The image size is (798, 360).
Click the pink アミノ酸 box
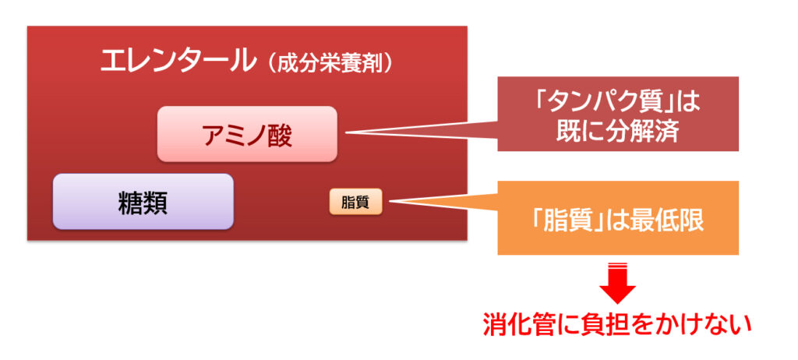tap(247, 134)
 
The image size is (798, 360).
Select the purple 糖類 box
tap(143, 202)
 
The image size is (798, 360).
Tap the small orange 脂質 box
tap(355, 202)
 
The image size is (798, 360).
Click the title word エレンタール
tap(177, 61)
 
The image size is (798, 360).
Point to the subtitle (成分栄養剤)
tap(330, 64)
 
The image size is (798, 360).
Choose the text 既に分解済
tap(618, 132)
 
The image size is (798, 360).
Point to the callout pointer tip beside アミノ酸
tap(346, 133)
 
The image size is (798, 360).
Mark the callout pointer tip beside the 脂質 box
tap(390, 201)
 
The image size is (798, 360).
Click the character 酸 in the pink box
tap(280, 135)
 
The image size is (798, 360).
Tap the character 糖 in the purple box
tap(130, 203)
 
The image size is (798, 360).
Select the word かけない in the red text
tap(706, 326)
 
